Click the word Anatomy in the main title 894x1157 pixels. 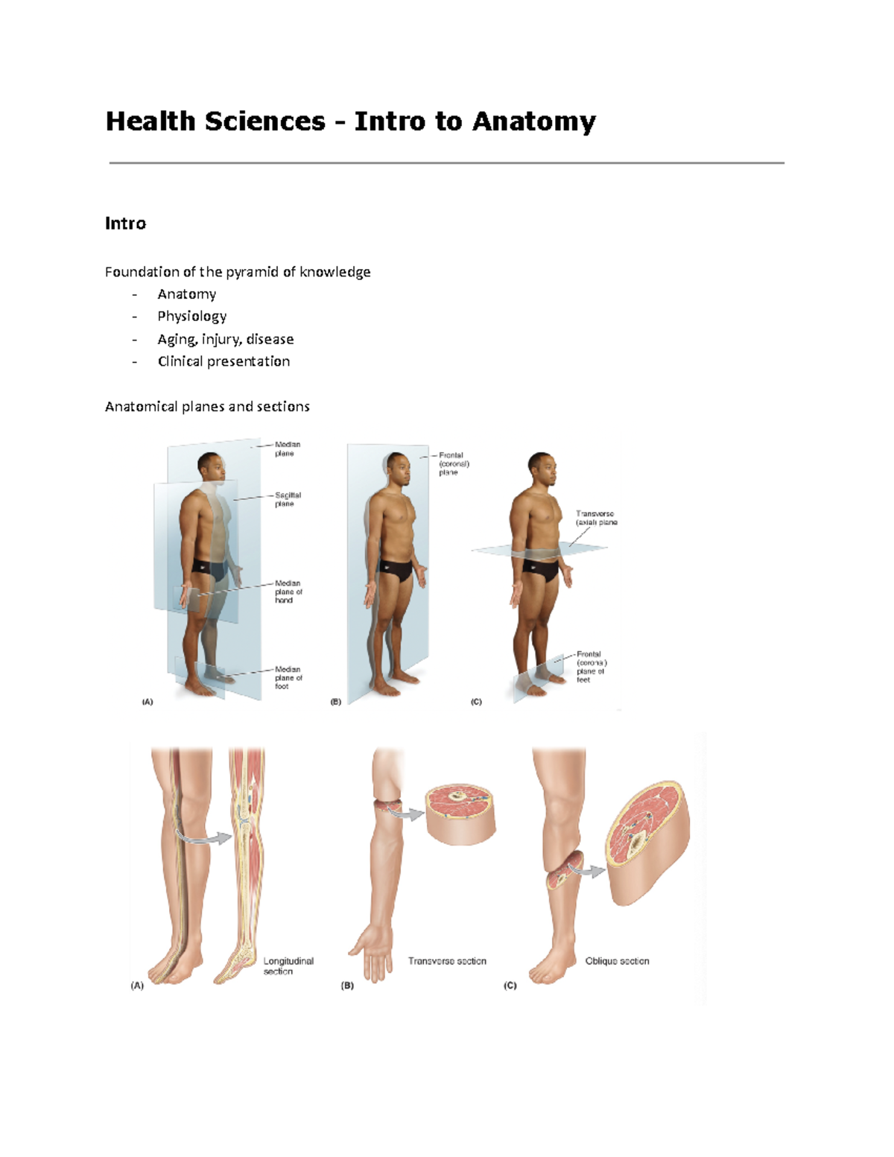(x=533, y=121)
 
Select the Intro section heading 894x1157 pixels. (x=125, y=224)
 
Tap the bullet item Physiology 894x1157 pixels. (x=191, y=317)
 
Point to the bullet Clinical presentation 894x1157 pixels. (x=223, y=361)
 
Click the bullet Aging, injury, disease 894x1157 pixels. (x=225, y=339)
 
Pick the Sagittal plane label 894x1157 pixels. (x=287, y=499)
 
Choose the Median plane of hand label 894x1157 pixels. (x=288, y=592)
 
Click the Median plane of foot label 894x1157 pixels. (x=288, y=677)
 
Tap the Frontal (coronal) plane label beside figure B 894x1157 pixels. (x=453, y=463)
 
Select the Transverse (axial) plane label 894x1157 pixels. (x=595, y=518)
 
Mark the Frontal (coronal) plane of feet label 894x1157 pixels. (x=591, y=667)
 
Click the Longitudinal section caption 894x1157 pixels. (x=288, y=966)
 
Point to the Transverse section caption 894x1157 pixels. (x=447, y=961)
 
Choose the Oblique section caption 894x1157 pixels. (x=617, y=961)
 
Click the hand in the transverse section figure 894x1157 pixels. (x=373, y=954)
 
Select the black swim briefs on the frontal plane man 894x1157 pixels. (x=396, y=571)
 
